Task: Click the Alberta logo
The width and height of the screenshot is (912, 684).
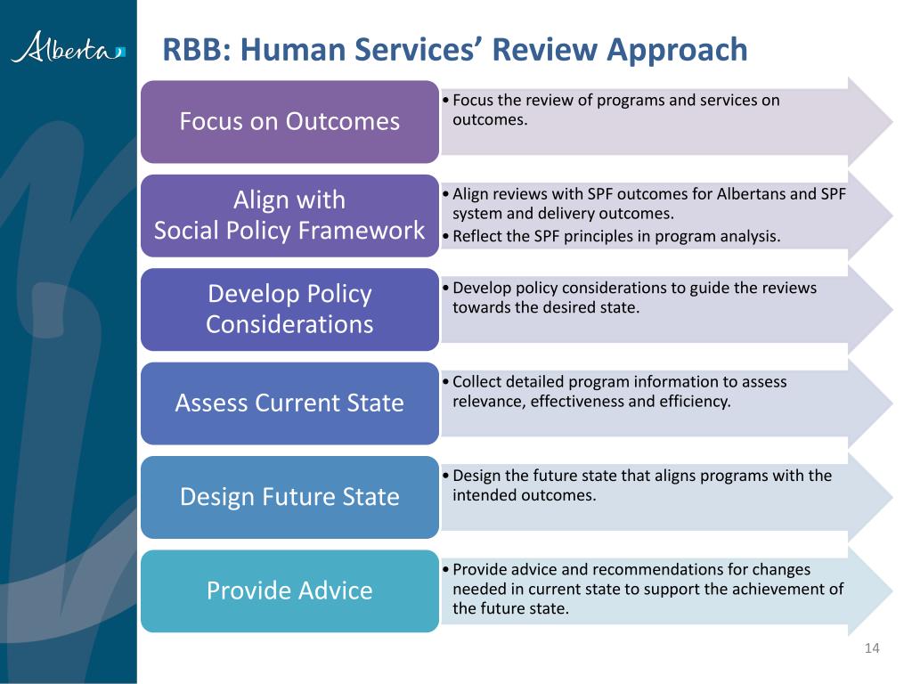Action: coord(68,47)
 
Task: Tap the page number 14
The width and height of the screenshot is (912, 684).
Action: coord(872,648)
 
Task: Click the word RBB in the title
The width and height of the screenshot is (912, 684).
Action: coord(193,50)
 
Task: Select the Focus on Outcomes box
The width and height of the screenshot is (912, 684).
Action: coord(289,121)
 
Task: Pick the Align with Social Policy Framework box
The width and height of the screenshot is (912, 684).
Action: coord(289,216)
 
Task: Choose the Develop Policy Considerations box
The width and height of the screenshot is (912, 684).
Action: coord(289,309)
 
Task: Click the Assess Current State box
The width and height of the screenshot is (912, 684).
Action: coord(289,403)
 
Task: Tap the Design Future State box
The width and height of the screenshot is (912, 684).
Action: coord(289,497)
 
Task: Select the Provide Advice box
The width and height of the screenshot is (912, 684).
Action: coord(289,591)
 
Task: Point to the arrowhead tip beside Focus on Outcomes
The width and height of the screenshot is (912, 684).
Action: coord(892,121)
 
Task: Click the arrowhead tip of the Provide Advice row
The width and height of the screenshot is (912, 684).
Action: coord(892,591)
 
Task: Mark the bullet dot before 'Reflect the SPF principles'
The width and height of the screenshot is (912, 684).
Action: coord(445,237)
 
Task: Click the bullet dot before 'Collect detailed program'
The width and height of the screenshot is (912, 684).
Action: coord(445,382)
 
